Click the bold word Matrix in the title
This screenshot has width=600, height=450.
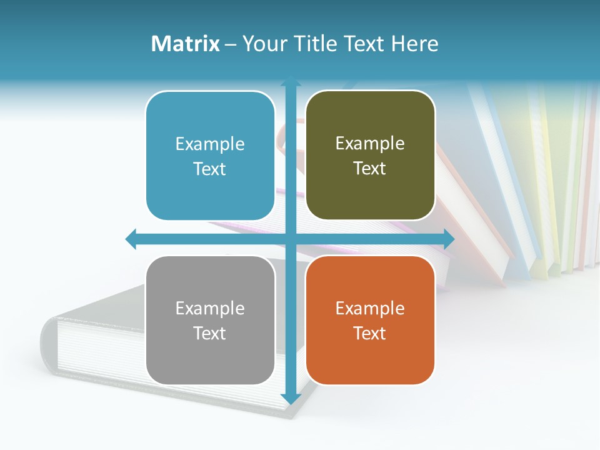coord(186,44)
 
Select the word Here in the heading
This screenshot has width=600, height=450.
coord(414,44)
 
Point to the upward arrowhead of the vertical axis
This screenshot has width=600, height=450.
coord(291,83)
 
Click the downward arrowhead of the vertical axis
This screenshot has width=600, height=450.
coord(291,398)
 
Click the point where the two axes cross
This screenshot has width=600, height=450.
coord(291,239)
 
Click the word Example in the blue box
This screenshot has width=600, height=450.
coord(210,144)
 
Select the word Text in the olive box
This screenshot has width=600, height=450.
coord(370,169)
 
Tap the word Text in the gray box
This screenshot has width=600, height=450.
coord(210,333)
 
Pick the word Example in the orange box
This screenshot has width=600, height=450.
coord(370,308)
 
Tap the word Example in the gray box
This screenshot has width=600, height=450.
coord(210,308)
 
